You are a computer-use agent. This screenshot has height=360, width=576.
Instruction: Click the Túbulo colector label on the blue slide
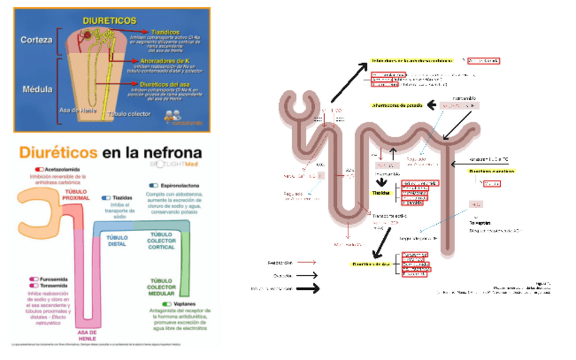pyautogui.click(x=131, y=113)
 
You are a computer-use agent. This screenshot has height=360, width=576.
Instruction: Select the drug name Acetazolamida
pyautogui.click(x=63, y=168)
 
